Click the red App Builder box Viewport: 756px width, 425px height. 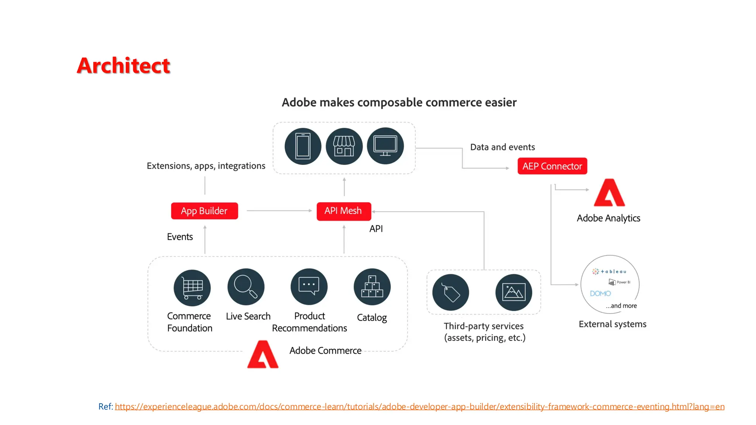204,211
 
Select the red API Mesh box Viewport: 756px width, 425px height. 344,211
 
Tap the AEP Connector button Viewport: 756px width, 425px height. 552,166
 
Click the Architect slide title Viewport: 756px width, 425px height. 123,65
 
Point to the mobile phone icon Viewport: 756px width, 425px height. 303,146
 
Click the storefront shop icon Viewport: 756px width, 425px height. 344,146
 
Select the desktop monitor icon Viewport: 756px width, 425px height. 385,146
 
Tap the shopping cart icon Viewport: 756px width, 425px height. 192,287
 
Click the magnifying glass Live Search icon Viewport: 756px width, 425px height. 246,287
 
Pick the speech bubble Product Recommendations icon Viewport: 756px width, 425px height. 309,287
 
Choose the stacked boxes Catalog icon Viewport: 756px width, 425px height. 372,287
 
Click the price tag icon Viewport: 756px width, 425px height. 451,292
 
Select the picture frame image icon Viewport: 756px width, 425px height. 513,292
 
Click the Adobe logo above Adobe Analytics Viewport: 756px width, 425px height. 609,193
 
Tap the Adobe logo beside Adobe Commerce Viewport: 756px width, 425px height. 262,355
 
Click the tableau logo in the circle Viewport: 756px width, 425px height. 609,272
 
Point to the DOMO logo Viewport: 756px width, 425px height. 600,294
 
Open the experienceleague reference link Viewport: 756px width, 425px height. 419,407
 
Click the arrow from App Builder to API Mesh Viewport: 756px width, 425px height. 279,211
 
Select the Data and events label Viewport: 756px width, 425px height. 502,147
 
